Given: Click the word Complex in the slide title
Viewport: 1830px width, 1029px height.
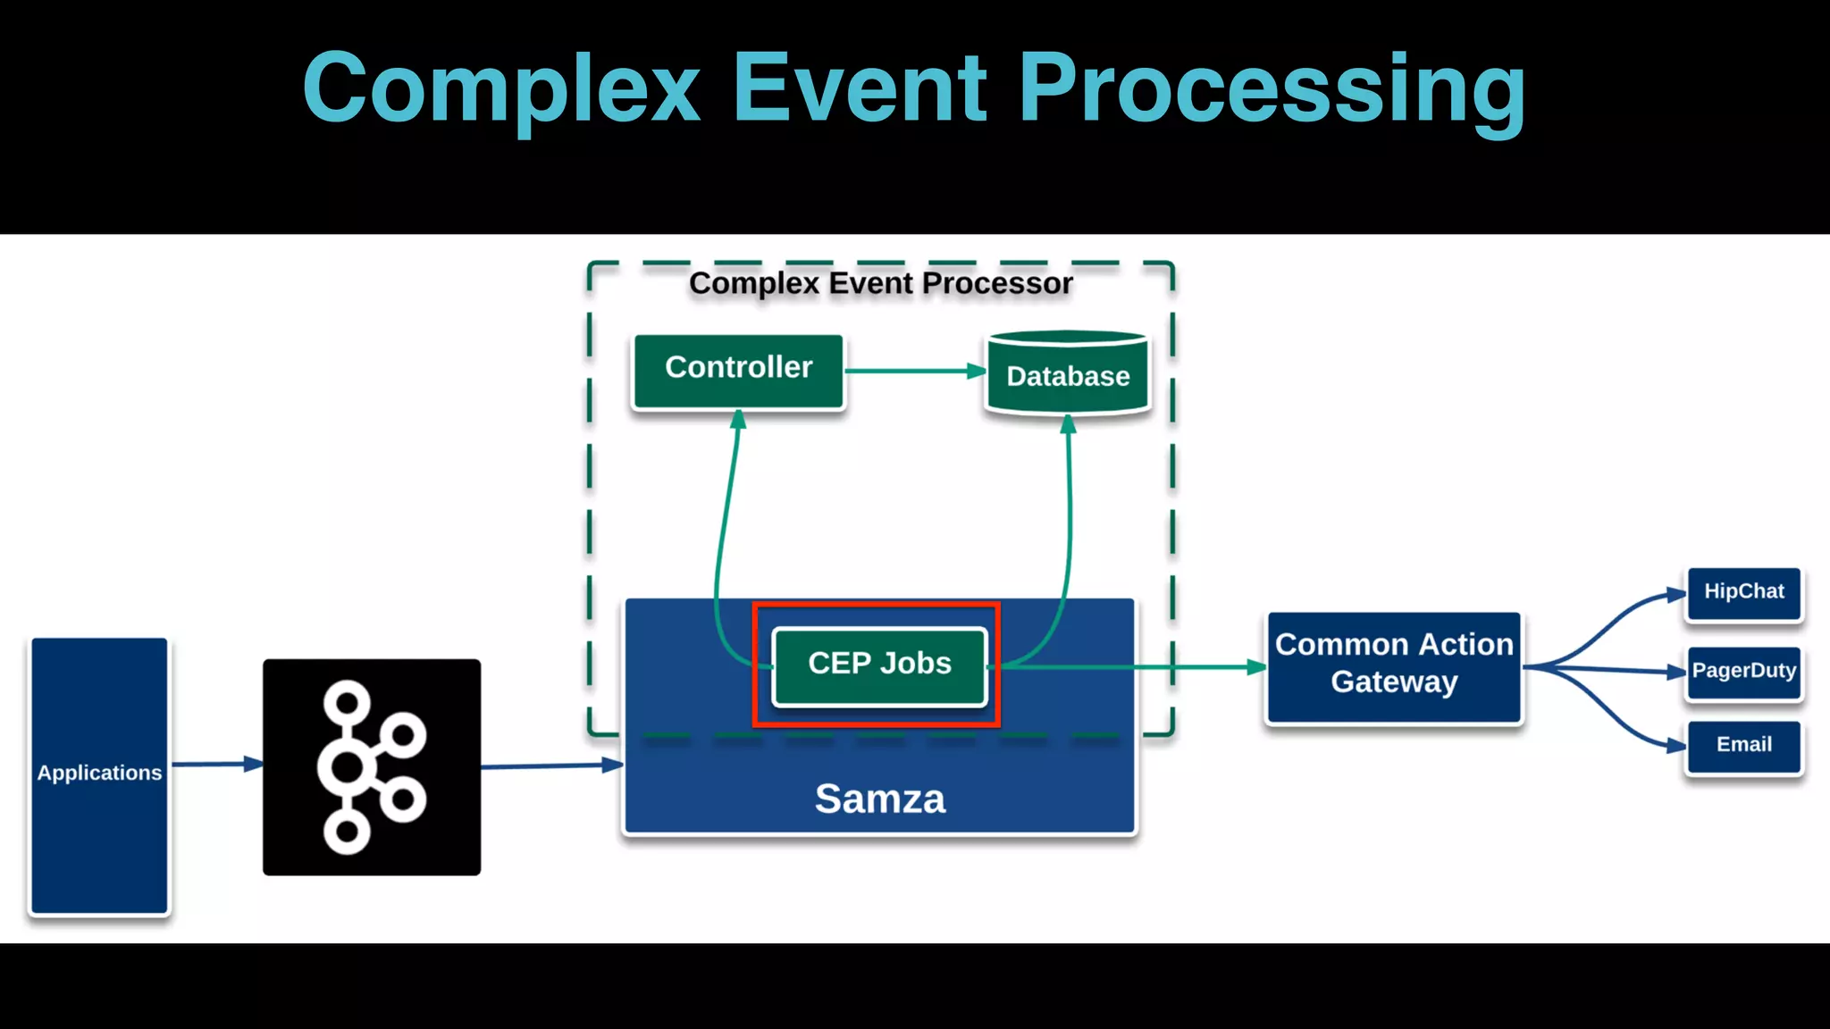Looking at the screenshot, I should click(x=501, y=89).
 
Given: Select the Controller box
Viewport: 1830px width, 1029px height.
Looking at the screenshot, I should click(x=738, y=371).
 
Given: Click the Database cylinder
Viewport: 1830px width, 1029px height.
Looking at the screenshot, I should click(x=1068, y=374).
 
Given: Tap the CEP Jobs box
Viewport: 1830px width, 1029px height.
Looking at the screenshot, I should click(x=879, y=665).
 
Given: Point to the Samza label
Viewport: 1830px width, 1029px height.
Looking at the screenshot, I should click(x=879, y=798).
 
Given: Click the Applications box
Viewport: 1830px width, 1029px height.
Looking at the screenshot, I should click(x=99, y=774).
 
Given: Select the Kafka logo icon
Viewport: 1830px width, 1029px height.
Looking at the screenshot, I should click(x=372, y=766).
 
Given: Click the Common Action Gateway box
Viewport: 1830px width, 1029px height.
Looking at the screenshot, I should click(x=1394, y=666).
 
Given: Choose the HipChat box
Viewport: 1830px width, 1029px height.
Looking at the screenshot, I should click(x=1743, y=593).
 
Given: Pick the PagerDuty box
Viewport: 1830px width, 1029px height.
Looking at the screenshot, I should click(x=1743, y=672).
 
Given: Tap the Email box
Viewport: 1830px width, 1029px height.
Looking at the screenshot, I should click(x=1743, y=746).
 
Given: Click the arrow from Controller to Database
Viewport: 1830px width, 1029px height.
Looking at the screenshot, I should click(x=911, y=371).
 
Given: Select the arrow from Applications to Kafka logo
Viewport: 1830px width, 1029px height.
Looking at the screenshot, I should click(x=214, y=764).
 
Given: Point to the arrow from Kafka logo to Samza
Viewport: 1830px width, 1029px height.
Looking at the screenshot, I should click(x=550, y=765).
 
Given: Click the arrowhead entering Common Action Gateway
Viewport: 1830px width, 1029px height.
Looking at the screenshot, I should click(x=1255, y=666).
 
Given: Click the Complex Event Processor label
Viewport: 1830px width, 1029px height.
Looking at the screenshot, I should click(x=880, y=283).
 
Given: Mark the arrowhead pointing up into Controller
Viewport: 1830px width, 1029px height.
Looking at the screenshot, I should click(x=738, y=420).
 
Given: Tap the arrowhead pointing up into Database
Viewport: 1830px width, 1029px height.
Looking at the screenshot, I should click(x=1068, y=424).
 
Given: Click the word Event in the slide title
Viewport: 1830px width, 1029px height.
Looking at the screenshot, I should click(x=859, y=89).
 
